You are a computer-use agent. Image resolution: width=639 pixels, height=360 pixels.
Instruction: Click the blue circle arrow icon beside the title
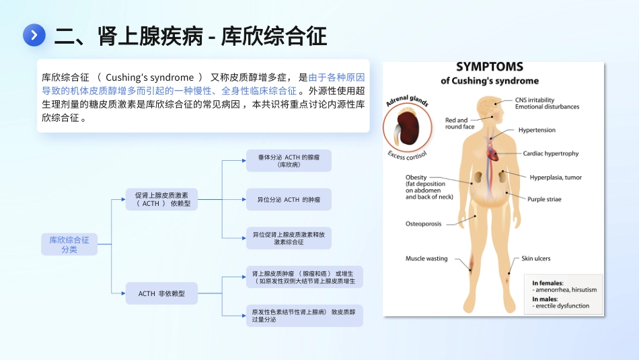34,35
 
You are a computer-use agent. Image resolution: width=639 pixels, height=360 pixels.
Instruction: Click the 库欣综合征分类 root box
69,244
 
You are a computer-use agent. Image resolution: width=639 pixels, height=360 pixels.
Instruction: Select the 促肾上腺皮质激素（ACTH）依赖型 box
162,199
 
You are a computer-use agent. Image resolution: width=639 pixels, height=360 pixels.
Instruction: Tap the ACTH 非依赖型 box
162,293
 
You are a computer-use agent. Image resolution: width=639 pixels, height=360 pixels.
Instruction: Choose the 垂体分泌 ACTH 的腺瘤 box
289,161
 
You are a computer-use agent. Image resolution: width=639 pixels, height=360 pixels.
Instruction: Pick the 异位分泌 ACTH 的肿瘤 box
289,199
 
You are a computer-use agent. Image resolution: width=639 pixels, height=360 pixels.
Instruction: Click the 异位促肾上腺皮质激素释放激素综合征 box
289,238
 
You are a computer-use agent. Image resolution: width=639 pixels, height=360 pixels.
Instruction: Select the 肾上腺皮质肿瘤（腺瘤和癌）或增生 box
305,277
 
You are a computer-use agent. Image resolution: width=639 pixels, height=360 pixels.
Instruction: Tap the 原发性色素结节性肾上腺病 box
305,316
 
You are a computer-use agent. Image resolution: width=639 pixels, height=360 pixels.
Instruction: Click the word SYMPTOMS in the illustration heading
490,67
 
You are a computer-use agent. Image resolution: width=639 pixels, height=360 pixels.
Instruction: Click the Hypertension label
537,130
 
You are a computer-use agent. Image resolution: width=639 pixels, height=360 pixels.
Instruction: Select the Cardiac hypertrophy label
551,153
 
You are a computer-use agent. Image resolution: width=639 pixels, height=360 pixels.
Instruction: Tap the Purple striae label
544,199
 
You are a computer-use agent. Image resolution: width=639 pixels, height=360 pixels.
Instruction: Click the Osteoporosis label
423,224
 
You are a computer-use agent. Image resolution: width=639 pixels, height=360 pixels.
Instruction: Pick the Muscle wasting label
426,258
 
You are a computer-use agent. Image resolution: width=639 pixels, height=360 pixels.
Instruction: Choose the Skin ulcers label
536,258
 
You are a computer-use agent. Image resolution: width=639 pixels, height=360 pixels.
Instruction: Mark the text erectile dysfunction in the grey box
562,305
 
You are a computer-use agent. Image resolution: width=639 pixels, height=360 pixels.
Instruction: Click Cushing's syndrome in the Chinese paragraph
149,77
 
